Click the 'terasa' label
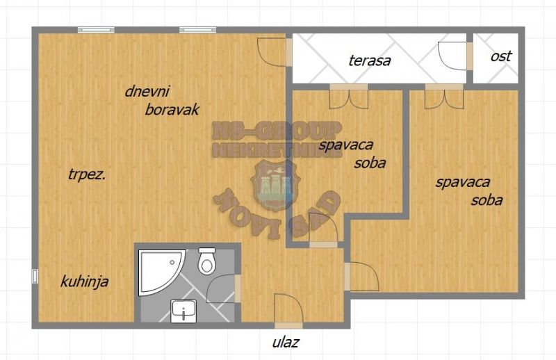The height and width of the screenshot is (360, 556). coord(370,60)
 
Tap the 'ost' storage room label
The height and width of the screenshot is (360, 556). coord(501,56)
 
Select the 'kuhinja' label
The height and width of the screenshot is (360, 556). coord(84,282)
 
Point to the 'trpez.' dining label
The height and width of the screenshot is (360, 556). coord(86,175)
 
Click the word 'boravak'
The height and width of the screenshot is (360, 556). coord(172,110)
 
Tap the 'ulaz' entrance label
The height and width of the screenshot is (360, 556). coord(286,343)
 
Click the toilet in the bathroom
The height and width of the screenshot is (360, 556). coord(206,261)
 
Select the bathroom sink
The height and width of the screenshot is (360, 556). coord(183,312)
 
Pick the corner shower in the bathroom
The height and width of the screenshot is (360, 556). coord(161,272)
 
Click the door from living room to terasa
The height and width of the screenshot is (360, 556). coord(274,52)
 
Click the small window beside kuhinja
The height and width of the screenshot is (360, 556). coord(35,277)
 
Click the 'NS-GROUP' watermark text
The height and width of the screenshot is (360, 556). coord(276,130)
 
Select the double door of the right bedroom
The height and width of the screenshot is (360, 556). coord(444,97)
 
